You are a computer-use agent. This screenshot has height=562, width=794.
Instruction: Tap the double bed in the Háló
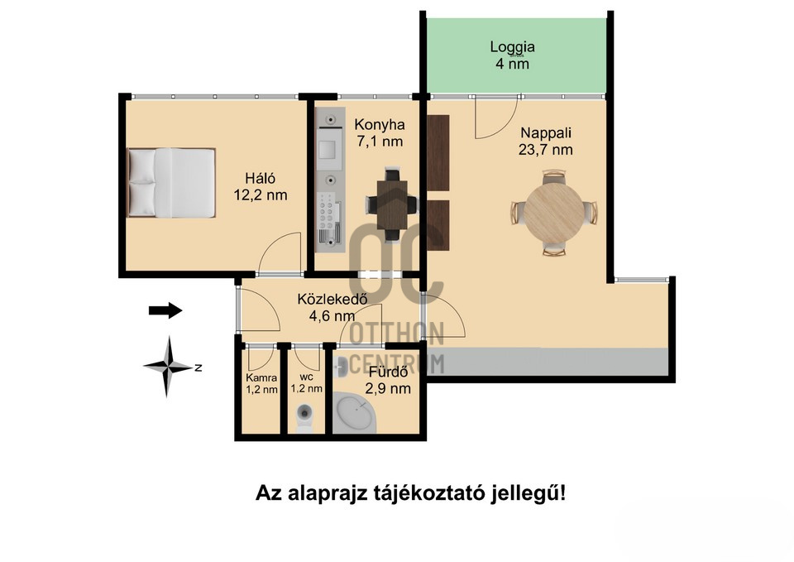click(x=171, y=183)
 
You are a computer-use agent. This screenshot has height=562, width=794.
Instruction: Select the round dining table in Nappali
click(x=554, y=212)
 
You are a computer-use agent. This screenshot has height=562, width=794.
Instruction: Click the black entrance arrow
click(x=165, y=310)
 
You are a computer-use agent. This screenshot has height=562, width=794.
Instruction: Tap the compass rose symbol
click(x=169, y=367)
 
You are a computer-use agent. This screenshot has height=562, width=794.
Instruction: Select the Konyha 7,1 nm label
click(x=380, y=132)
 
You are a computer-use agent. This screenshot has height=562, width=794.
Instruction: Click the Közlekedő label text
click(x=332, y=299)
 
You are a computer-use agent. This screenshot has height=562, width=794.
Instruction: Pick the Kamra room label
click(x=261, y=377)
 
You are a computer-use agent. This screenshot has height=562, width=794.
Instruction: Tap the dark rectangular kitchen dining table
click(x=392, y=205)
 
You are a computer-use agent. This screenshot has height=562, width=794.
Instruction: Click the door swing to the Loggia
click(x=496, y=118)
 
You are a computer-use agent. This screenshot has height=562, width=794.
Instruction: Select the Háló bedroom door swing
click(x=280, y=253)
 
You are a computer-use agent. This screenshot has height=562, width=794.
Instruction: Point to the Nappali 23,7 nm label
click(x=545, y=142)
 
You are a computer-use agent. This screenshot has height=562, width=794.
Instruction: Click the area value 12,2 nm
click(x=261, y=195)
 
